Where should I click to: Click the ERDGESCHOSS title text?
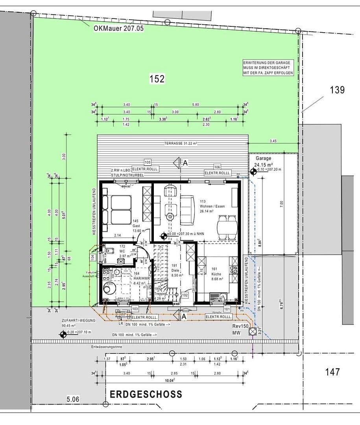pos(146,394)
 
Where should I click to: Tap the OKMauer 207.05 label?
pos(119,28)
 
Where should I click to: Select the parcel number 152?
pos(157,79)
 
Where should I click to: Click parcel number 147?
pos(333,371)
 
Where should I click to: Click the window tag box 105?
pos(148,162)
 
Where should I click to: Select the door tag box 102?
pos(185,294)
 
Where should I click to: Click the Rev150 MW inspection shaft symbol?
pos(252,332)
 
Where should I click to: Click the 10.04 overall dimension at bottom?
pos(169,380)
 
